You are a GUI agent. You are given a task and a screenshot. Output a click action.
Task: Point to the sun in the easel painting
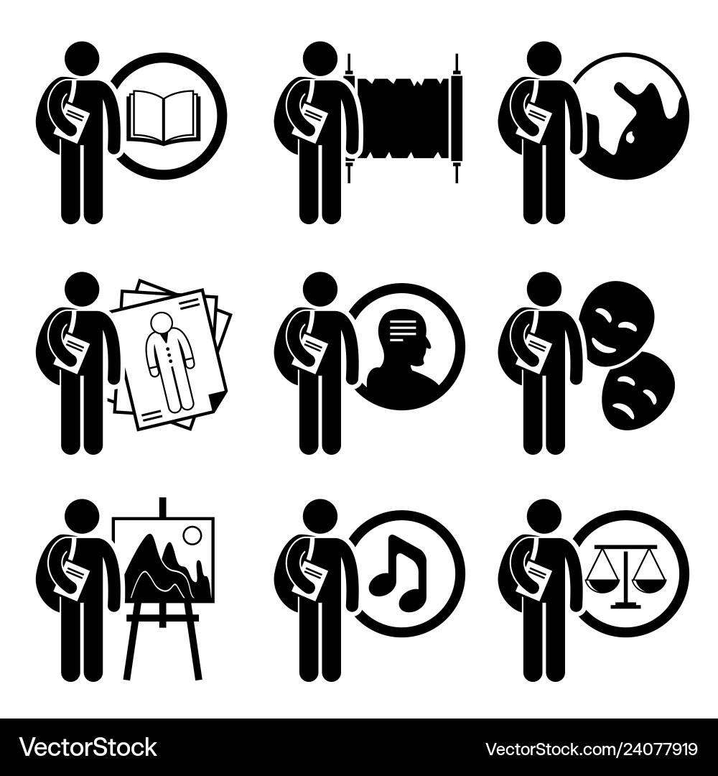coord(192,536)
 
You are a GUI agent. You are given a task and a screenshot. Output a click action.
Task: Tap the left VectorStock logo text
coord(88,747)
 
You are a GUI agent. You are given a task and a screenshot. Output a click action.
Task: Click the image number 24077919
coord(591,748)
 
